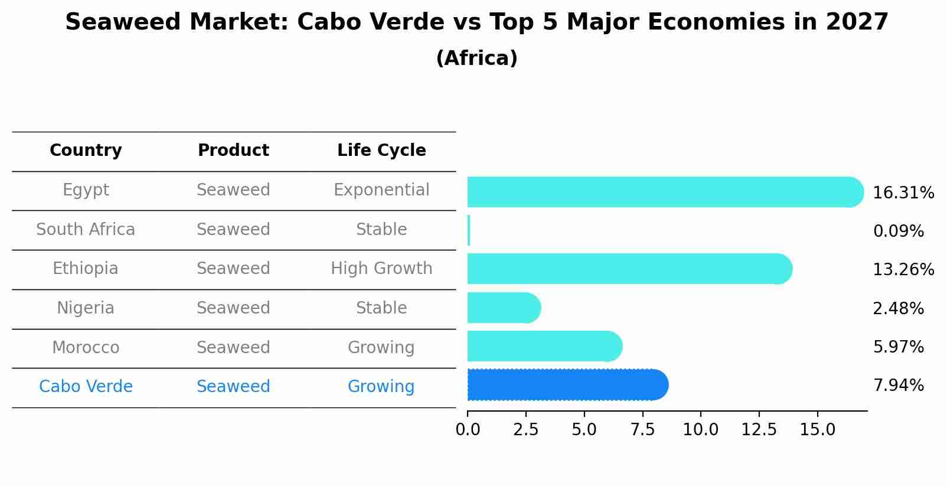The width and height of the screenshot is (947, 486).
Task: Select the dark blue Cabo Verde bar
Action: coord(567,385)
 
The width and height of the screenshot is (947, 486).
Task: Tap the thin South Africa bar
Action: coord(469,230)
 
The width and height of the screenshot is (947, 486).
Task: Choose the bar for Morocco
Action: coord(544,346)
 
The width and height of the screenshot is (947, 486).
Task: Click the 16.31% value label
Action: coord(903,193)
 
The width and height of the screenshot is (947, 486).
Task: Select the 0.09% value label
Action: coord(898,231)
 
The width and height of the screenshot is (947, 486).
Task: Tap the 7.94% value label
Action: coord(898,386)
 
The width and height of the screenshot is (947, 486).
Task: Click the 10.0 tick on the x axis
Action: coord(700,430)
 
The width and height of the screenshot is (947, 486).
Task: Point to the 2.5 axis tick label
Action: coord(525,430)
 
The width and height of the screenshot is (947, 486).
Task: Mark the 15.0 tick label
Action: coord(817,430)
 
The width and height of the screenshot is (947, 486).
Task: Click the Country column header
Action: coord(86,151)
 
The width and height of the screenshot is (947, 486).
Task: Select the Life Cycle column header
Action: coord(381,151)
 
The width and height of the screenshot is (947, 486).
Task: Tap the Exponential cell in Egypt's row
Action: coord(381,190)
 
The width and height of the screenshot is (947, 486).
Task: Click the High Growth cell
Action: coord(381,269)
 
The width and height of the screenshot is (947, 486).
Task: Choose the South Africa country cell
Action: coord(86,230)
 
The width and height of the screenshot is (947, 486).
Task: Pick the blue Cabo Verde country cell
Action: coord(86,387)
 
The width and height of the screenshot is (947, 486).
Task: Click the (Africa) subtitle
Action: coord(476,58)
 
